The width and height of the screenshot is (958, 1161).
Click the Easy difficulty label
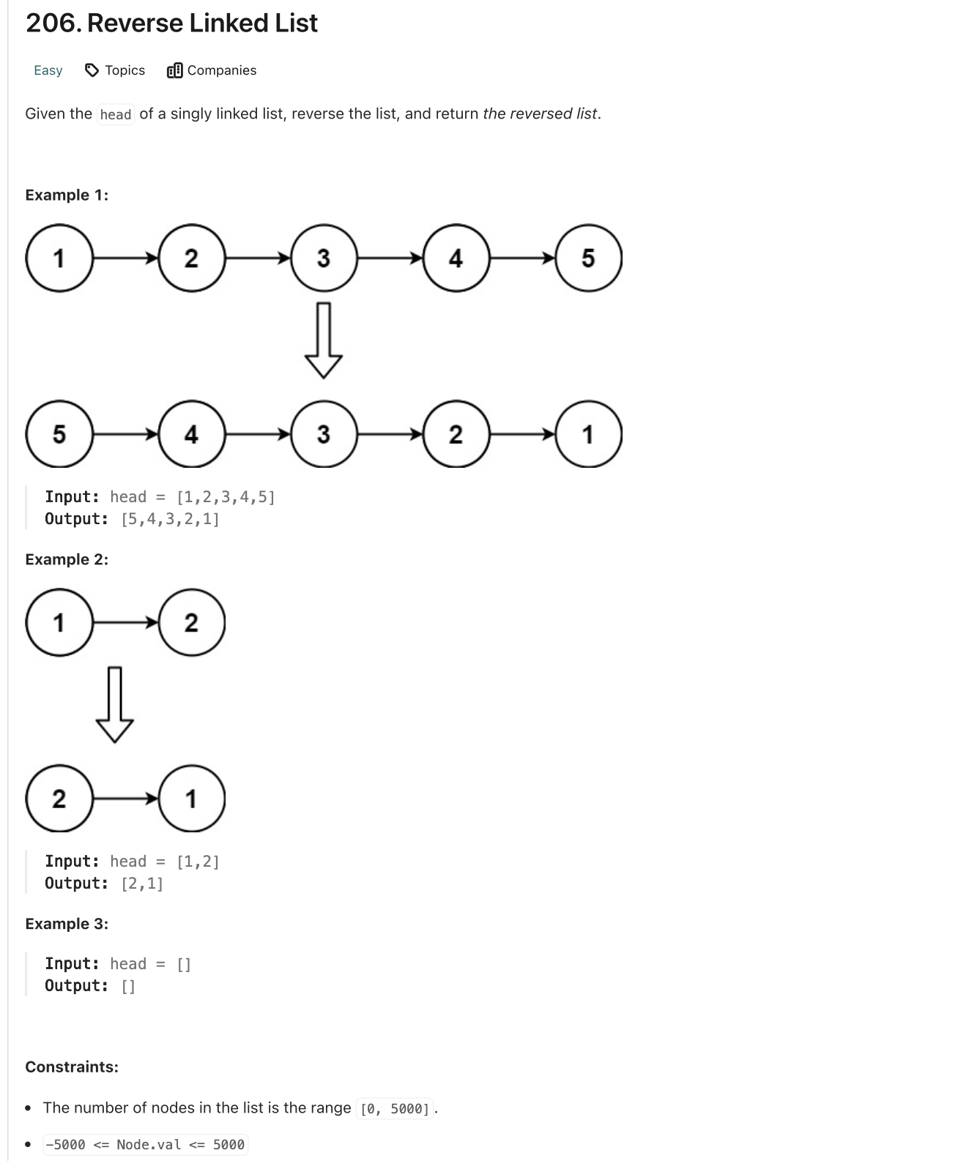(48, 70)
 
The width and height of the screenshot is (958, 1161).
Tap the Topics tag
(116, 70)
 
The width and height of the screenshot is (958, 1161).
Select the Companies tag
(212, 70)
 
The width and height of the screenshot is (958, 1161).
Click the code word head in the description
(116, 115)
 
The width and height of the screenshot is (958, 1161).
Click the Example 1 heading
(67, 195)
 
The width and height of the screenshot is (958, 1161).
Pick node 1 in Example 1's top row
(59, 258)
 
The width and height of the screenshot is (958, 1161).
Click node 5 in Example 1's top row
(588, 258)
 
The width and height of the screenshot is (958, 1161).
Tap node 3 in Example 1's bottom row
(324, 434)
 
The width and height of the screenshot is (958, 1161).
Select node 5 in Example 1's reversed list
(59, 434)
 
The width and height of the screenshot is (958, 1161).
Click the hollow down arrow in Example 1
(324, 340)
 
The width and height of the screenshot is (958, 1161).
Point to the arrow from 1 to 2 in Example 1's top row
(125, 258)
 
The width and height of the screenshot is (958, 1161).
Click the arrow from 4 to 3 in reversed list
(258, 434)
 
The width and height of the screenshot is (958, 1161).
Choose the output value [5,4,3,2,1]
(170, 519)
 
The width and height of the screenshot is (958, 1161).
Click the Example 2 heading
(67, 559)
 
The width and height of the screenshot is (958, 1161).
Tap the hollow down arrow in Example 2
(115, 704)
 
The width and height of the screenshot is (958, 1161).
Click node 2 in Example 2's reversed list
(59, 799)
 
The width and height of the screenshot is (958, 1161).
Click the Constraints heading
(72, 1067)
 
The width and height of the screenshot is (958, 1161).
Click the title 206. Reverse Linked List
(171, 23)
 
